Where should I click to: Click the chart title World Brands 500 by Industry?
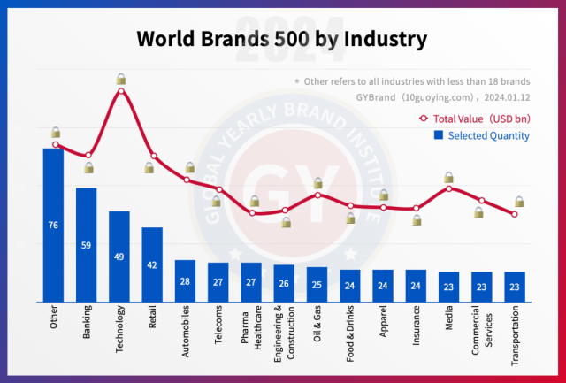pyautogui.click(x=282, y=40)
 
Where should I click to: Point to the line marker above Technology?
pyautogui.click(x=120, y=90)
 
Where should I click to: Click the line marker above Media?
pyautogui.click(x=448, y=188)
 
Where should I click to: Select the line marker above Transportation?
pyautogui.click(x=514, y=214)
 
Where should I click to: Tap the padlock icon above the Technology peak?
pyautogui.click(x=120, y=80)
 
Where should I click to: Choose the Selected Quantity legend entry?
pyautogui.click(x=481, y=135)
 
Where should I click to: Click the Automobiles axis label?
pyautogui.click(x=185, y=329)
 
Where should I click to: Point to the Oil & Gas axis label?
pyautogui.click(x=317, y=326)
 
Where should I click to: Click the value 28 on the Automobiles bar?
pyautogui.click(x=185, y=281)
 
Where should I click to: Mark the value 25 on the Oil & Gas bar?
pyautogui.click(x=317, y=285)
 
